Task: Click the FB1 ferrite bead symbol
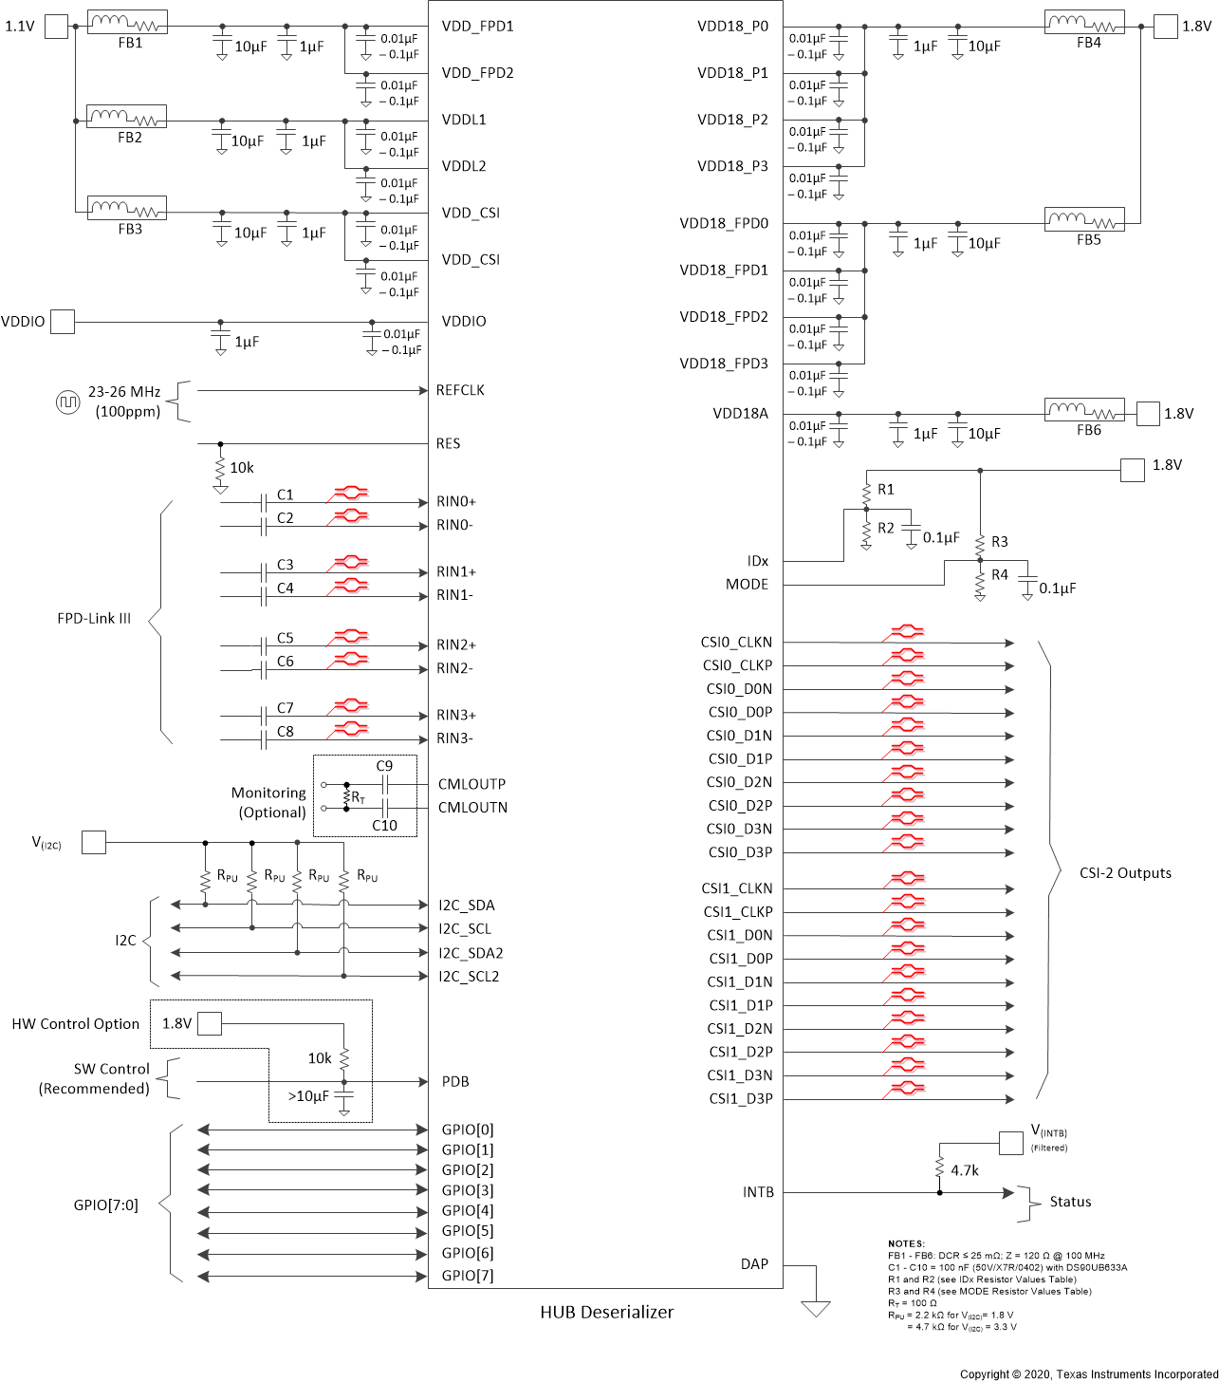(x=127, y=23)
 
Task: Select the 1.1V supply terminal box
(x=57, y=27)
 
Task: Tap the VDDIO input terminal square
(x=63, y=322)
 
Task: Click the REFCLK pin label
(x=460, y=390)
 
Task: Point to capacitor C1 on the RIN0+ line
(x=263, y=502)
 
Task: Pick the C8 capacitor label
(x=286, y=732)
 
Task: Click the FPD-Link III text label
(x=94, y=619)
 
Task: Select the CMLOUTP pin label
(x=471, y=784)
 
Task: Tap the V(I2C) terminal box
(x=94, y=842)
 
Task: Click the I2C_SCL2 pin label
(x=469, y=976)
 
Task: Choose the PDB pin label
(x=455, y=1082)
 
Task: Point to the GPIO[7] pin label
(x=468, y=1276)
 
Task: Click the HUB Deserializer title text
(x=607, y=1313)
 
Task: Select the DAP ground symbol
(x=816, y=1309)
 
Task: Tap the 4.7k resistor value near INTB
(x=965, y=1170)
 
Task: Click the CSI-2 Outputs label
(x=1125, y=873)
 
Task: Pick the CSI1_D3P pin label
(x=741, y=1099)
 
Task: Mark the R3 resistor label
(x=1000, y=542)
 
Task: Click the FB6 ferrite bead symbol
(x=1084, y=410)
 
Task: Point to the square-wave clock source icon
(x=68, y=402)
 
